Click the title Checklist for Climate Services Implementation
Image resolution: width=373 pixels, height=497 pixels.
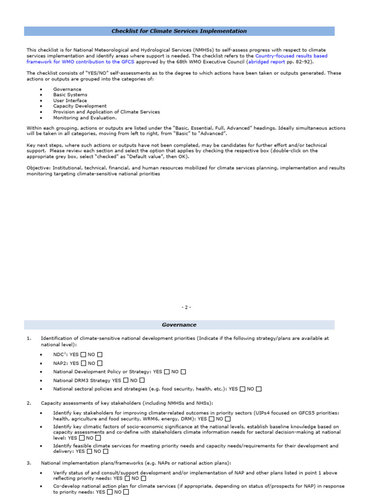[x=179, y=31]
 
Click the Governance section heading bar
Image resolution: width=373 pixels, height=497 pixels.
[x=179, y=325]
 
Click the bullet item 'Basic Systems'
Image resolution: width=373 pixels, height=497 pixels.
[x=70, y=95]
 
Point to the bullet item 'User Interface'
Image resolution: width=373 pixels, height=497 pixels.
[x=70, y=100]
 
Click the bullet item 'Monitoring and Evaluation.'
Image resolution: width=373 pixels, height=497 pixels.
[x=85, y=117]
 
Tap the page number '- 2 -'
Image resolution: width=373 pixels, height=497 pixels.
[x=186, y=307]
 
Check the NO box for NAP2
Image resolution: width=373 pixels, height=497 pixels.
[x=100, y=363]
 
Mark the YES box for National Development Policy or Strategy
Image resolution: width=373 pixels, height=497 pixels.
[x=167, y=372]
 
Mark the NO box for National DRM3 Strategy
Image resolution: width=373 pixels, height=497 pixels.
[x=142, y=381]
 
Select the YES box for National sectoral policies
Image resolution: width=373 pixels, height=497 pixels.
[x=243, y=389]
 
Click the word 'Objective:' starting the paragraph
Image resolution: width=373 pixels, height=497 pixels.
[x=37, y=167]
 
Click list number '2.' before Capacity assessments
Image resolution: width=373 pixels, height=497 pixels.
[x=29, y=403]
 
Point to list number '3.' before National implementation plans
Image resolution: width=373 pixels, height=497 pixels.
[x=29, y=463]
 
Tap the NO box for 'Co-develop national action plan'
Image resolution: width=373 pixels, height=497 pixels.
[x=126, y=492]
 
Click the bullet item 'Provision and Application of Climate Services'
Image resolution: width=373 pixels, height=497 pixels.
[x=106, y=112]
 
